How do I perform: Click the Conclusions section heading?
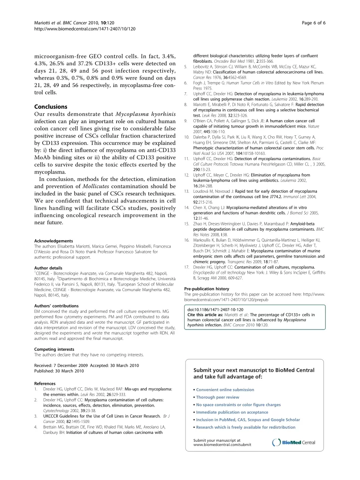[50, 107]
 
